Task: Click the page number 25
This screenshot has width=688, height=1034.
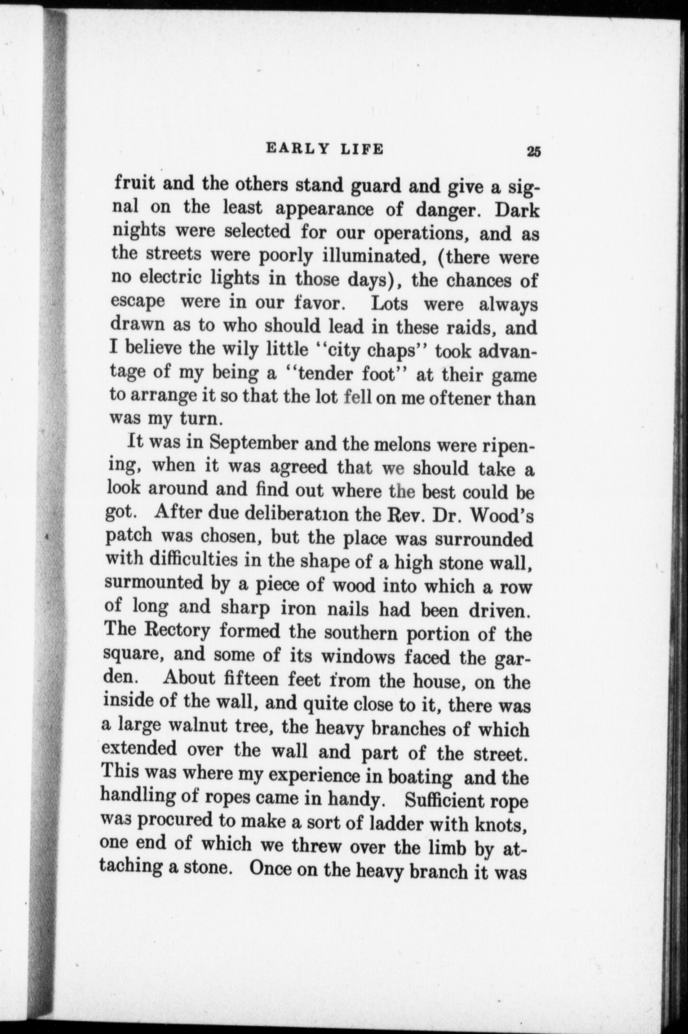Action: pyautogui.click(x=534, y=152)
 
